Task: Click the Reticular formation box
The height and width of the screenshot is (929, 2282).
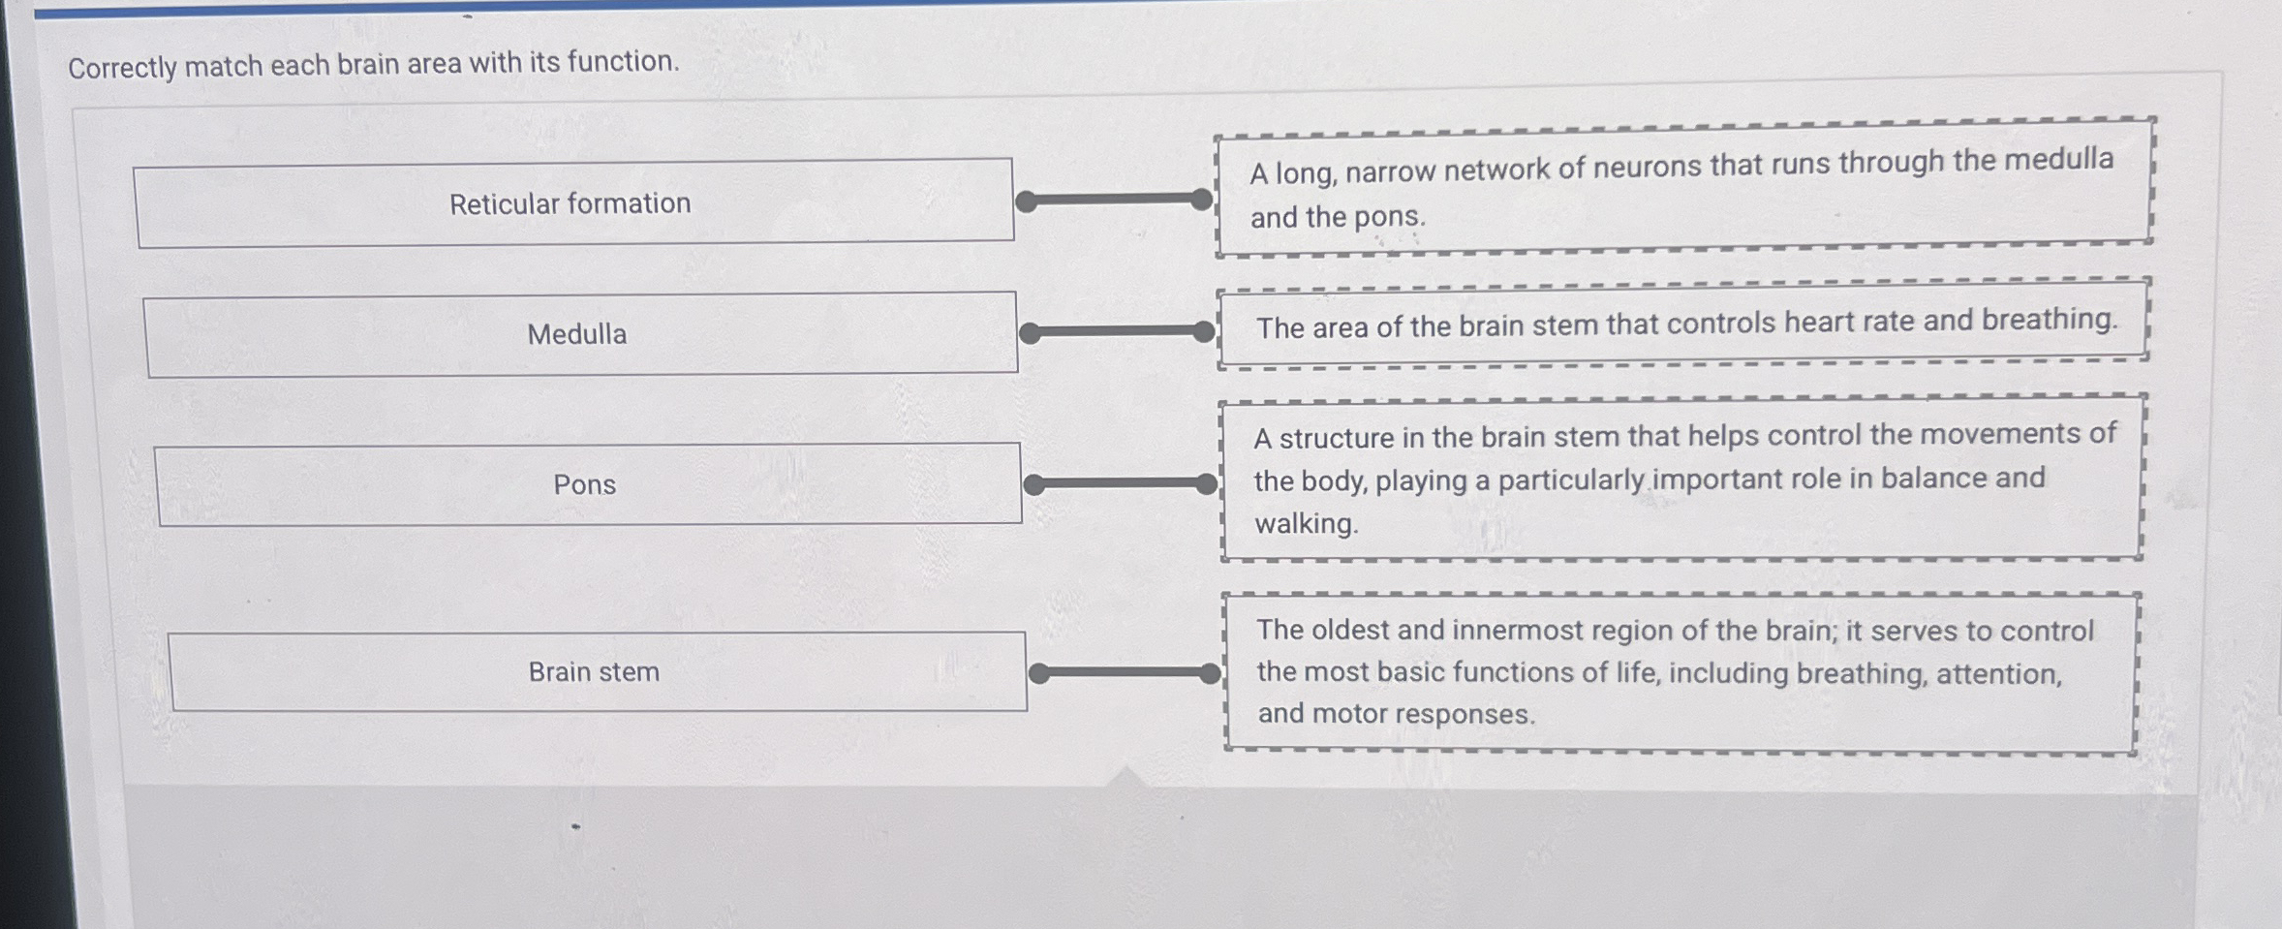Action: (x=573, y=203)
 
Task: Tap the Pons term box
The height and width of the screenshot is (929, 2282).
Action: (x=588, y=484)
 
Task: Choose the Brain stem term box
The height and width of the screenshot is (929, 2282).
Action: (x=597, y=671)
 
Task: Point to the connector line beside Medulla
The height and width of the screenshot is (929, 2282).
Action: (x=1117, y=332)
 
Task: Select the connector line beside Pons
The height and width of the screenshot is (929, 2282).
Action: (x=1121, y=483)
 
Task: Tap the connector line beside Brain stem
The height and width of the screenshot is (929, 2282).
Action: (x=1125, y=673)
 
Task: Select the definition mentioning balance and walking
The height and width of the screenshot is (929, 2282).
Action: (x=1681, y=479)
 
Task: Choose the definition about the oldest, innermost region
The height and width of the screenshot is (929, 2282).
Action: (x=1681, y=672)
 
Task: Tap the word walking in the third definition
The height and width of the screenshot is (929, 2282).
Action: (x=1306, y=524)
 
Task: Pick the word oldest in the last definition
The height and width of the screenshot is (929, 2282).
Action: (x=1349, y=630)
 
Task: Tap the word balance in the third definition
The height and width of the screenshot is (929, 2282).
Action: (x=1933, y=478)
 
